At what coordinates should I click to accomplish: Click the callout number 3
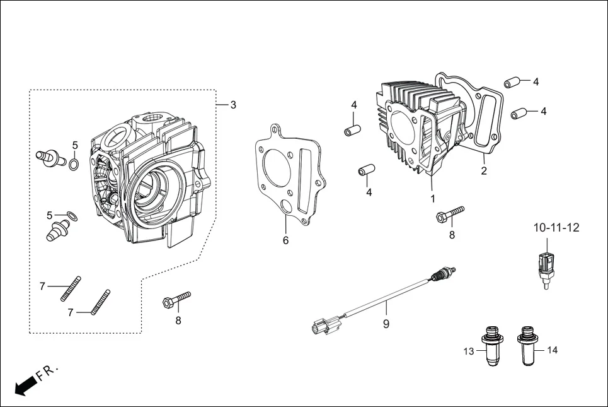tap(233, 105)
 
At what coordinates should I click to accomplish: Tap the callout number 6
tap(285, 240)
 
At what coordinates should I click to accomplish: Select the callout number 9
tap(386, 324)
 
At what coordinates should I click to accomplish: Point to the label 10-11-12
tap(556, 227)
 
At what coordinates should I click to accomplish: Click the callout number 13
tap(469, 351)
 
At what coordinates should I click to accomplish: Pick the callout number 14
tap(553, 350)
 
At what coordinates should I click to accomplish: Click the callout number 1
tap(433, 198)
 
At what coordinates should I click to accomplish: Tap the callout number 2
tap(484, 170)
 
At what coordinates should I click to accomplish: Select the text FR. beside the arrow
tap(47, 372)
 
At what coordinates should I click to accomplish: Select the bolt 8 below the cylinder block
tap(450, 214)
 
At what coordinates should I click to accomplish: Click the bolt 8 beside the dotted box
tap(176, 298)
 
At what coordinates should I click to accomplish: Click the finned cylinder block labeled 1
tap(413, 126)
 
